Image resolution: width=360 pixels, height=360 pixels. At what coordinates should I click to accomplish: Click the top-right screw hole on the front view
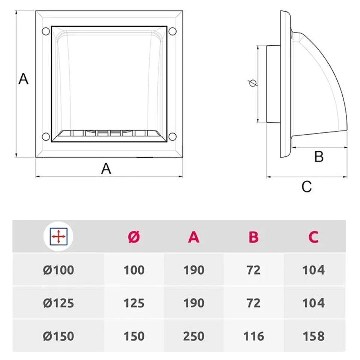pos(173,31)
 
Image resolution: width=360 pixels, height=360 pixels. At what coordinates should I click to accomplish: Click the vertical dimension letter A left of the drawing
pos(24,79)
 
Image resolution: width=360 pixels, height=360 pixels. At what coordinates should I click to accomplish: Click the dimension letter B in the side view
pos(318,156)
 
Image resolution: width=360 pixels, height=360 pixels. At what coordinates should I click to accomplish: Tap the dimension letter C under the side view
pos(307,186)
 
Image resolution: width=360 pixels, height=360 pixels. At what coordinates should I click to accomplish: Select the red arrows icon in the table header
pos(58,237)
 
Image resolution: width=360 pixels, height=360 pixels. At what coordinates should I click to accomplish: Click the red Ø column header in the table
pos(133,237)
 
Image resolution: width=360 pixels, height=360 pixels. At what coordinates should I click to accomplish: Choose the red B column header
pos(253,237)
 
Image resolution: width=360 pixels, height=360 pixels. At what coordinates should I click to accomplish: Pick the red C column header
pos(313,237)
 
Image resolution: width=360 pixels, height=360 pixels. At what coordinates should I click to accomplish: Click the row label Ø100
pos(58,270)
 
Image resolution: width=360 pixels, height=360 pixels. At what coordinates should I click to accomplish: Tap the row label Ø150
pos(58,336)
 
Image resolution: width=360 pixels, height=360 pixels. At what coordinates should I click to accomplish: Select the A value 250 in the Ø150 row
pos(193,336)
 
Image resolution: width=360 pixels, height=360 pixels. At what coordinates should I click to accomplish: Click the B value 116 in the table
pos(253,336)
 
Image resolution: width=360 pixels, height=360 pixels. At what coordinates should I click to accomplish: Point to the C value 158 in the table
pos(313,336)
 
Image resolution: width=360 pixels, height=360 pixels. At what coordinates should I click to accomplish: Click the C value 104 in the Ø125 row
pos(313,303)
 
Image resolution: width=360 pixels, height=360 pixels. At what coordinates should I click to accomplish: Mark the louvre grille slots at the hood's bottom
pos(109,133)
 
